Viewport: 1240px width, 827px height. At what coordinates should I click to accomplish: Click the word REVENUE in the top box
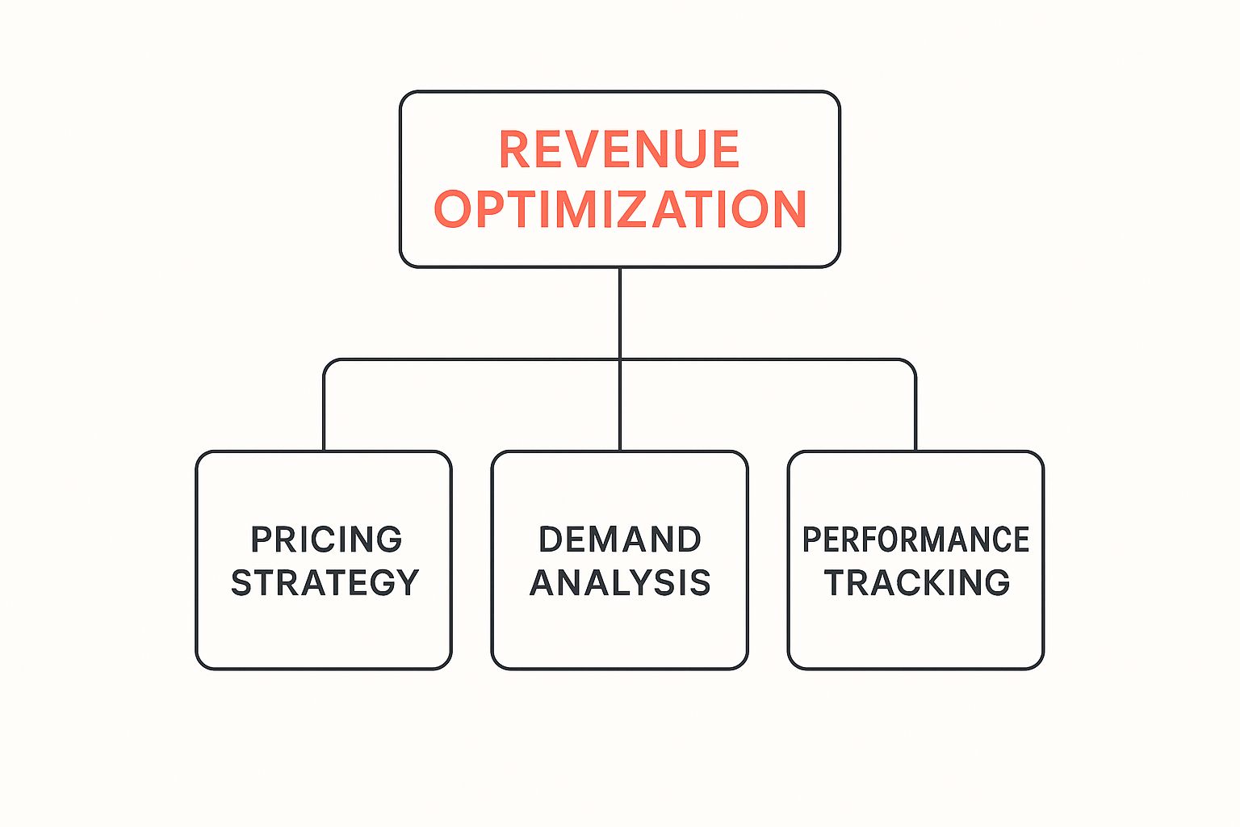tap(619, 149)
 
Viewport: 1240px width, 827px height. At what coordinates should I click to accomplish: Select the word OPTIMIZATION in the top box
tap(620, 209)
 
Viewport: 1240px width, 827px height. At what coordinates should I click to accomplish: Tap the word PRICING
tap(326, 539)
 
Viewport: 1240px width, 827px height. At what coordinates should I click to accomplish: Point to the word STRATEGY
tap(325, 582)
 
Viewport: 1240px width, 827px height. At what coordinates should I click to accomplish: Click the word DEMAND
tap(619, 539)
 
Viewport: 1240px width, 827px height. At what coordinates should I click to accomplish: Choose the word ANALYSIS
tap(619, 582)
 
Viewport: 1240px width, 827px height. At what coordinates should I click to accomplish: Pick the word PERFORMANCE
tap(915, 539)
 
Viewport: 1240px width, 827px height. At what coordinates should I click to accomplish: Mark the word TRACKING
tap(916, 582)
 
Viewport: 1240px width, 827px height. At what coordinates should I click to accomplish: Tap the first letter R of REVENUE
tap(513, 149)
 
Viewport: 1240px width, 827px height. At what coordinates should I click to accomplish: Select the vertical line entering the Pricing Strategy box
tap(324, 412)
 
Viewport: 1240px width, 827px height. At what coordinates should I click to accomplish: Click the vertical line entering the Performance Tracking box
tap(915, 412)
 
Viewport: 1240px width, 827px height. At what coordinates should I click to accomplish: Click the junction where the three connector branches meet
tap(619, 359)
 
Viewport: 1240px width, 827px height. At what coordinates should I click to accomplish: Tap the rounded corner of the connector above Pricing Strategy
tap(328, 363)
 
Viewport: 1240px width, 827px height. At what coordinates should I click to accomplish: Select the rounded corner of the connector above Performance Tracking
tap(911, 363)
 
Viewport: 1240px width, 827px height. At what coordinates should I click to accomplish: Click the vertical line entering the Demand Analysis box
tap(619, 408)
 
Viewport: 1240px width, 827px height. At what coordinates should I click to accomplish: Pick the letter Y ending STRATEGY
tap(408, 582)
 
